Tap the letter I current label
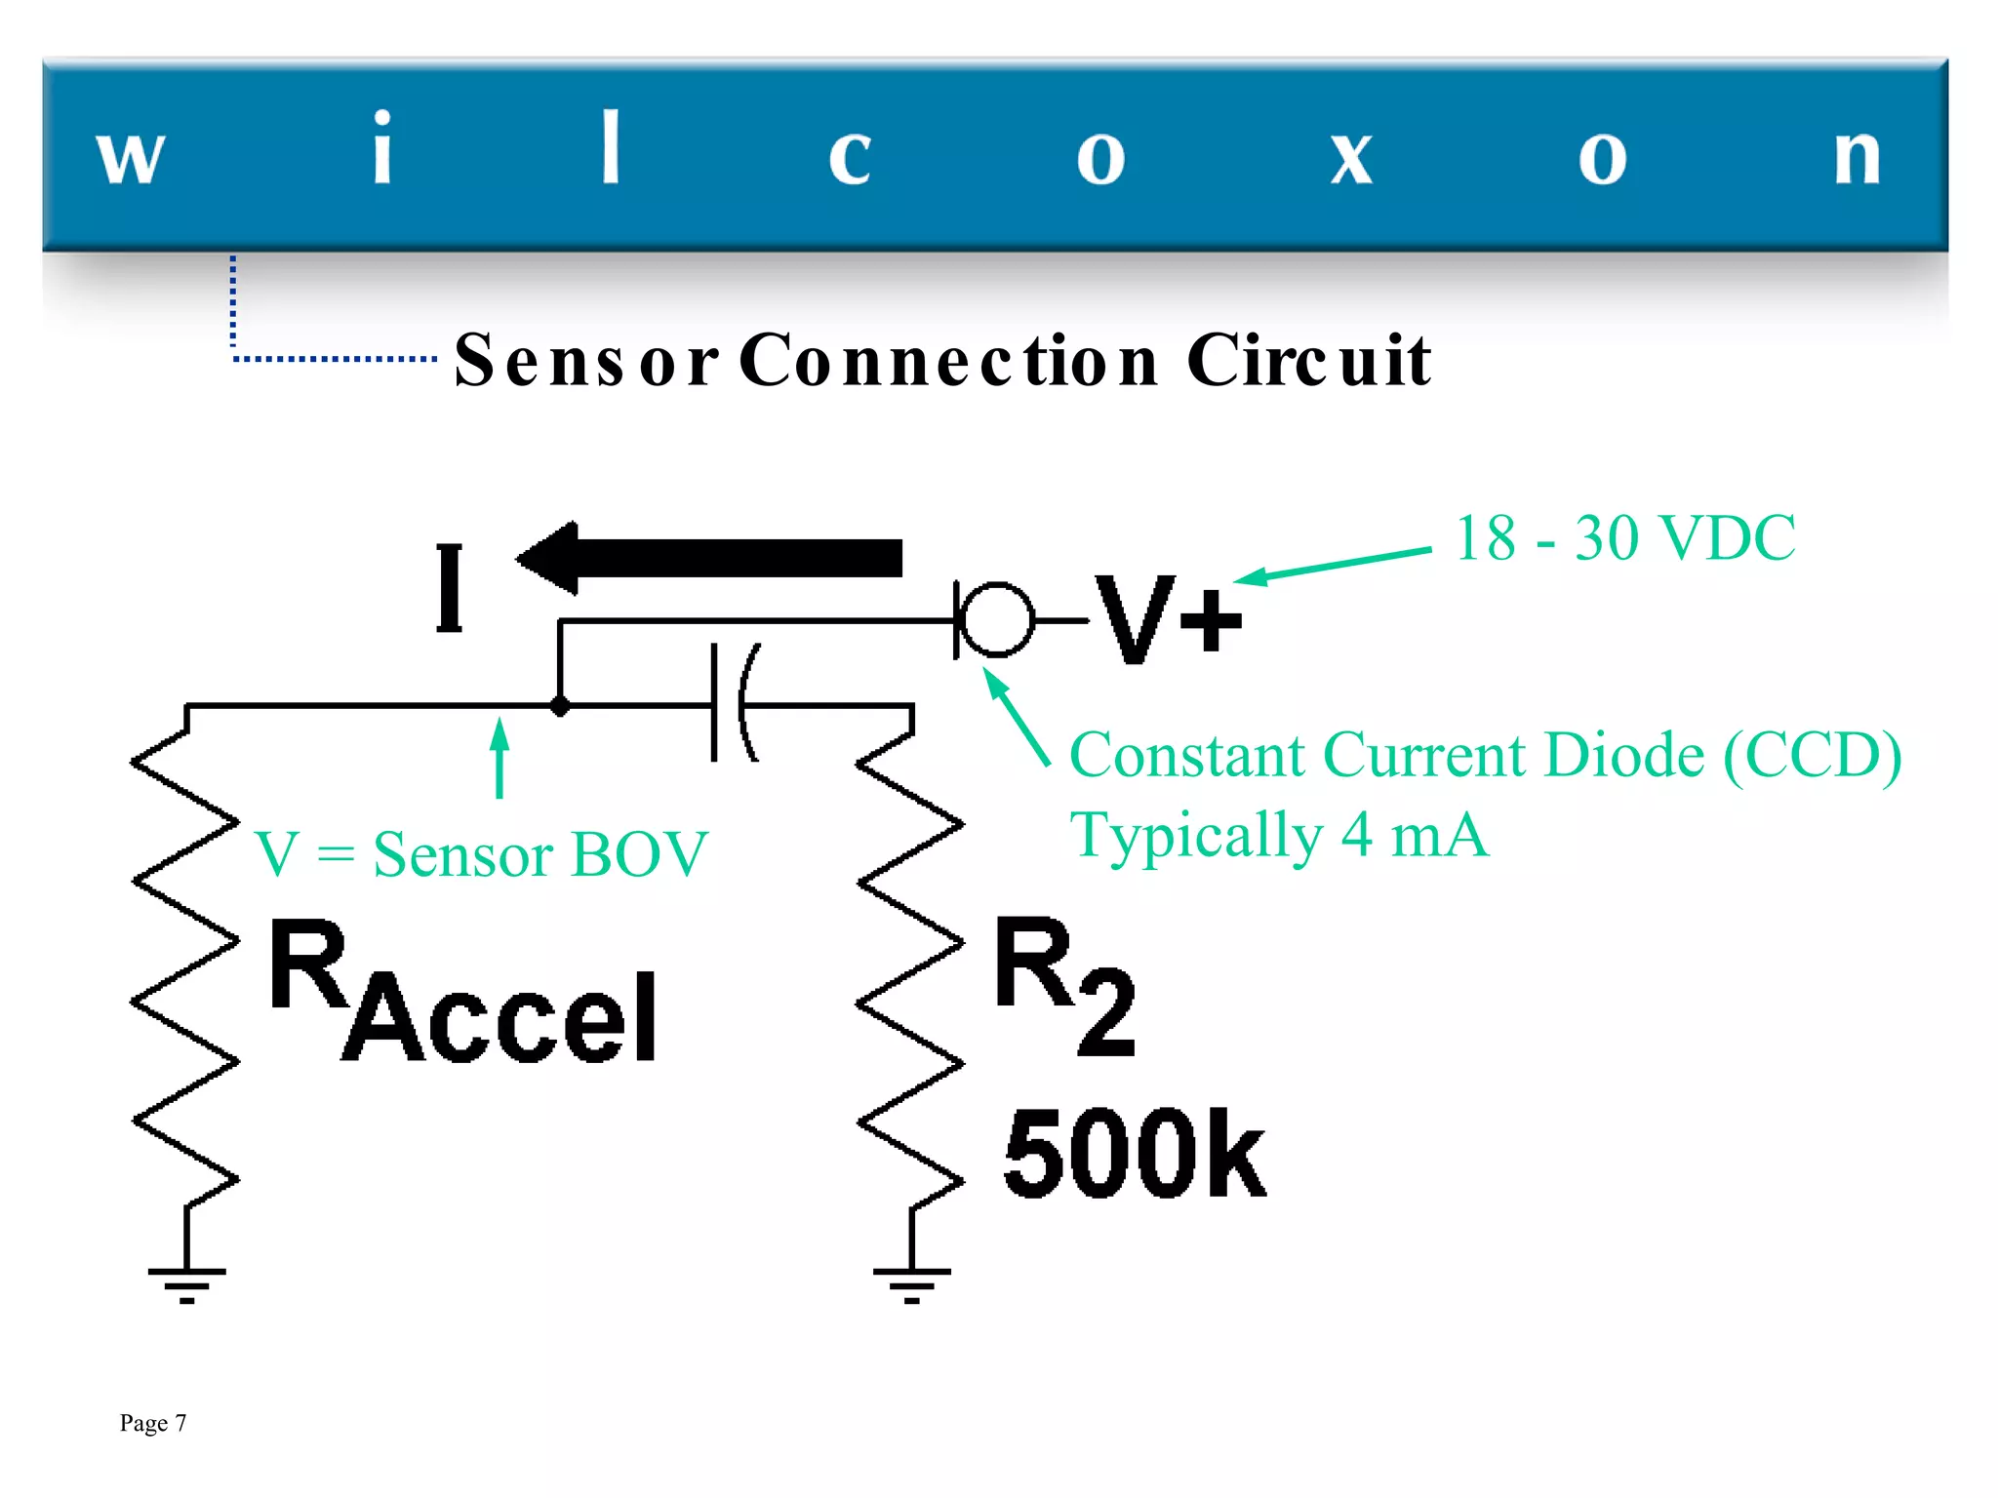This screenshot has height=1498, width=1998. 449,588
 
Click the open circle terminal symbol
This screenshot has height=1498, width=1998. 996,619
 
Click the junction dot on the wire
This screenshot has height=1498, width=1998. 560,705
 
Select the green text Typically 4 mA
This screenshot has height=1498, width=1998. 1279,835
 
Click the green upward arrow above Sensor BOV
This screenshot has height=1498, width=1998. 499,758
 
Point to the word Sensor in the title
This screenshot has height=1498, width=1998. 586,360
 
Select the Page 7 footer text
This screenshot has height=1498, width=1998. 153,1423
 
